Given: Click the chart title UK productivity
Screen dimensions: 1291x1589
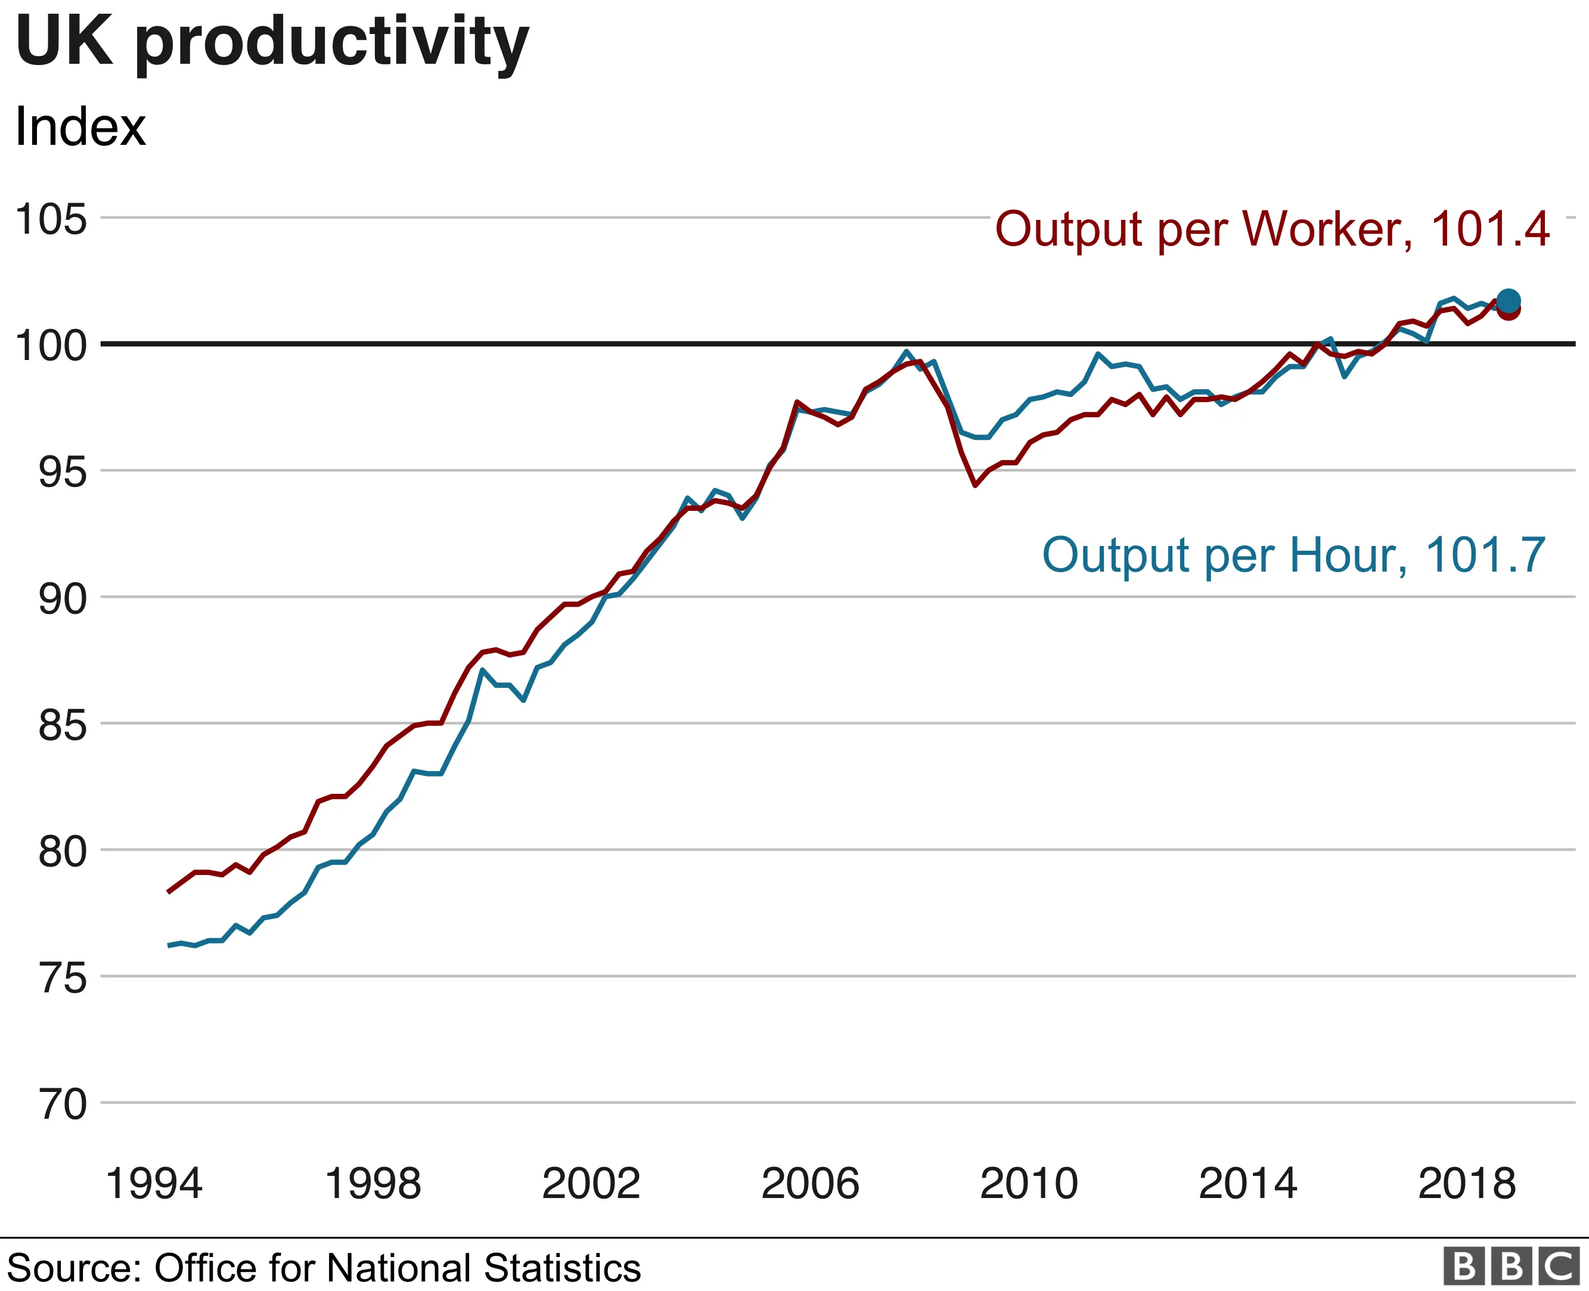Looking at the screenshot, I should point(271,42).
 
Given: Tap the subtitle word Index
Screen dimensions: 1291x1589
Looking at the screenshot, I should point(80,127).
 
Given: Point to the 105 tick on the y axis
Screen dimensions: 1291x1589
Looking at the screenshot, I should point(51,219).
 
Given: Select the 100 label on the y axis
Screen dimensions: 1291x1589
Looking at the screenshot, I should point(51,346).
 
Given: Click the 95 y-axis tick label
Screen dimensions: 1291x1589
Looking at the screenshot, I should point(63,472).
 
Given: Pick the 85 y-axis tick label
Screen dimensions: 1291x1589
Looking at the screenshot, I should point(63,725).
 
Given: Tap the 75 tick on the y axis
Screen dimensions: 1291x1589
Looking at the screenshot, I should point(63,978).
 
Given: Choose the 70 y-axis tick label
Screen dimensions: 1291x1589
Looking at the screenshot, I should point(63,1104).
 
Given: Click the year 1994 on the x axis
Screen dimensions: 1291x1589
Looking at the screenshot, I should point(154,1184).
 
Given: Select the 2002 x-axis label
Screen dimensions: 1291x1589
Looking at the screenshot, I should point(591,1184).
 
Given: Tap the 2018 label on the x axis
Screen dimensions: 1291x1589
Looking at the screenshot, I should point(1466,1184).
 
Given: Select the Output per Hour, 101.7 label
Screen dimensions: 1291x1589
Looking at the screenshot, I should point(1294,555).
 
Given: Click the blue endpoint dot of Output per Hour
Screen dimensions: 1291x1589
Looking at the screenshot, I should point(1508,300).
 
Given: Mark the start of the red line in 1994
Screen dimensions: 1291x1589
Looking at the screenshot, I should point(169,891).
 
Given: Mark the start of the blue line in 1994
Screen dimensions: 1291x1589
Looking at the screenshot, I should point(169,945).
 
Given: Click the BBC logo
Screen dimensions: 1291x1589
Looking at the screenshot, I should point(1511,1267).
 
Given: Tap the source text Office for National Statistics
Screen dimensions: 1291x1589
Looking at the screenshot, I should point(397,1268).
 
